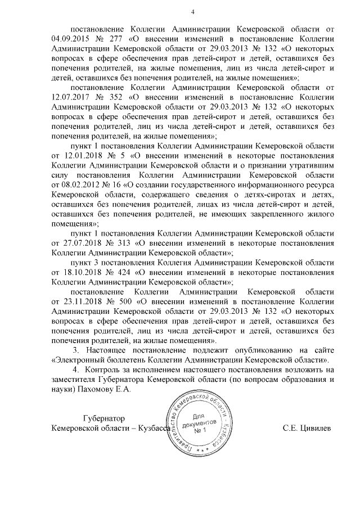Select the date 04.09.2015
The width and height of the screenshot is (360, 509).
pos(69,39)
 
